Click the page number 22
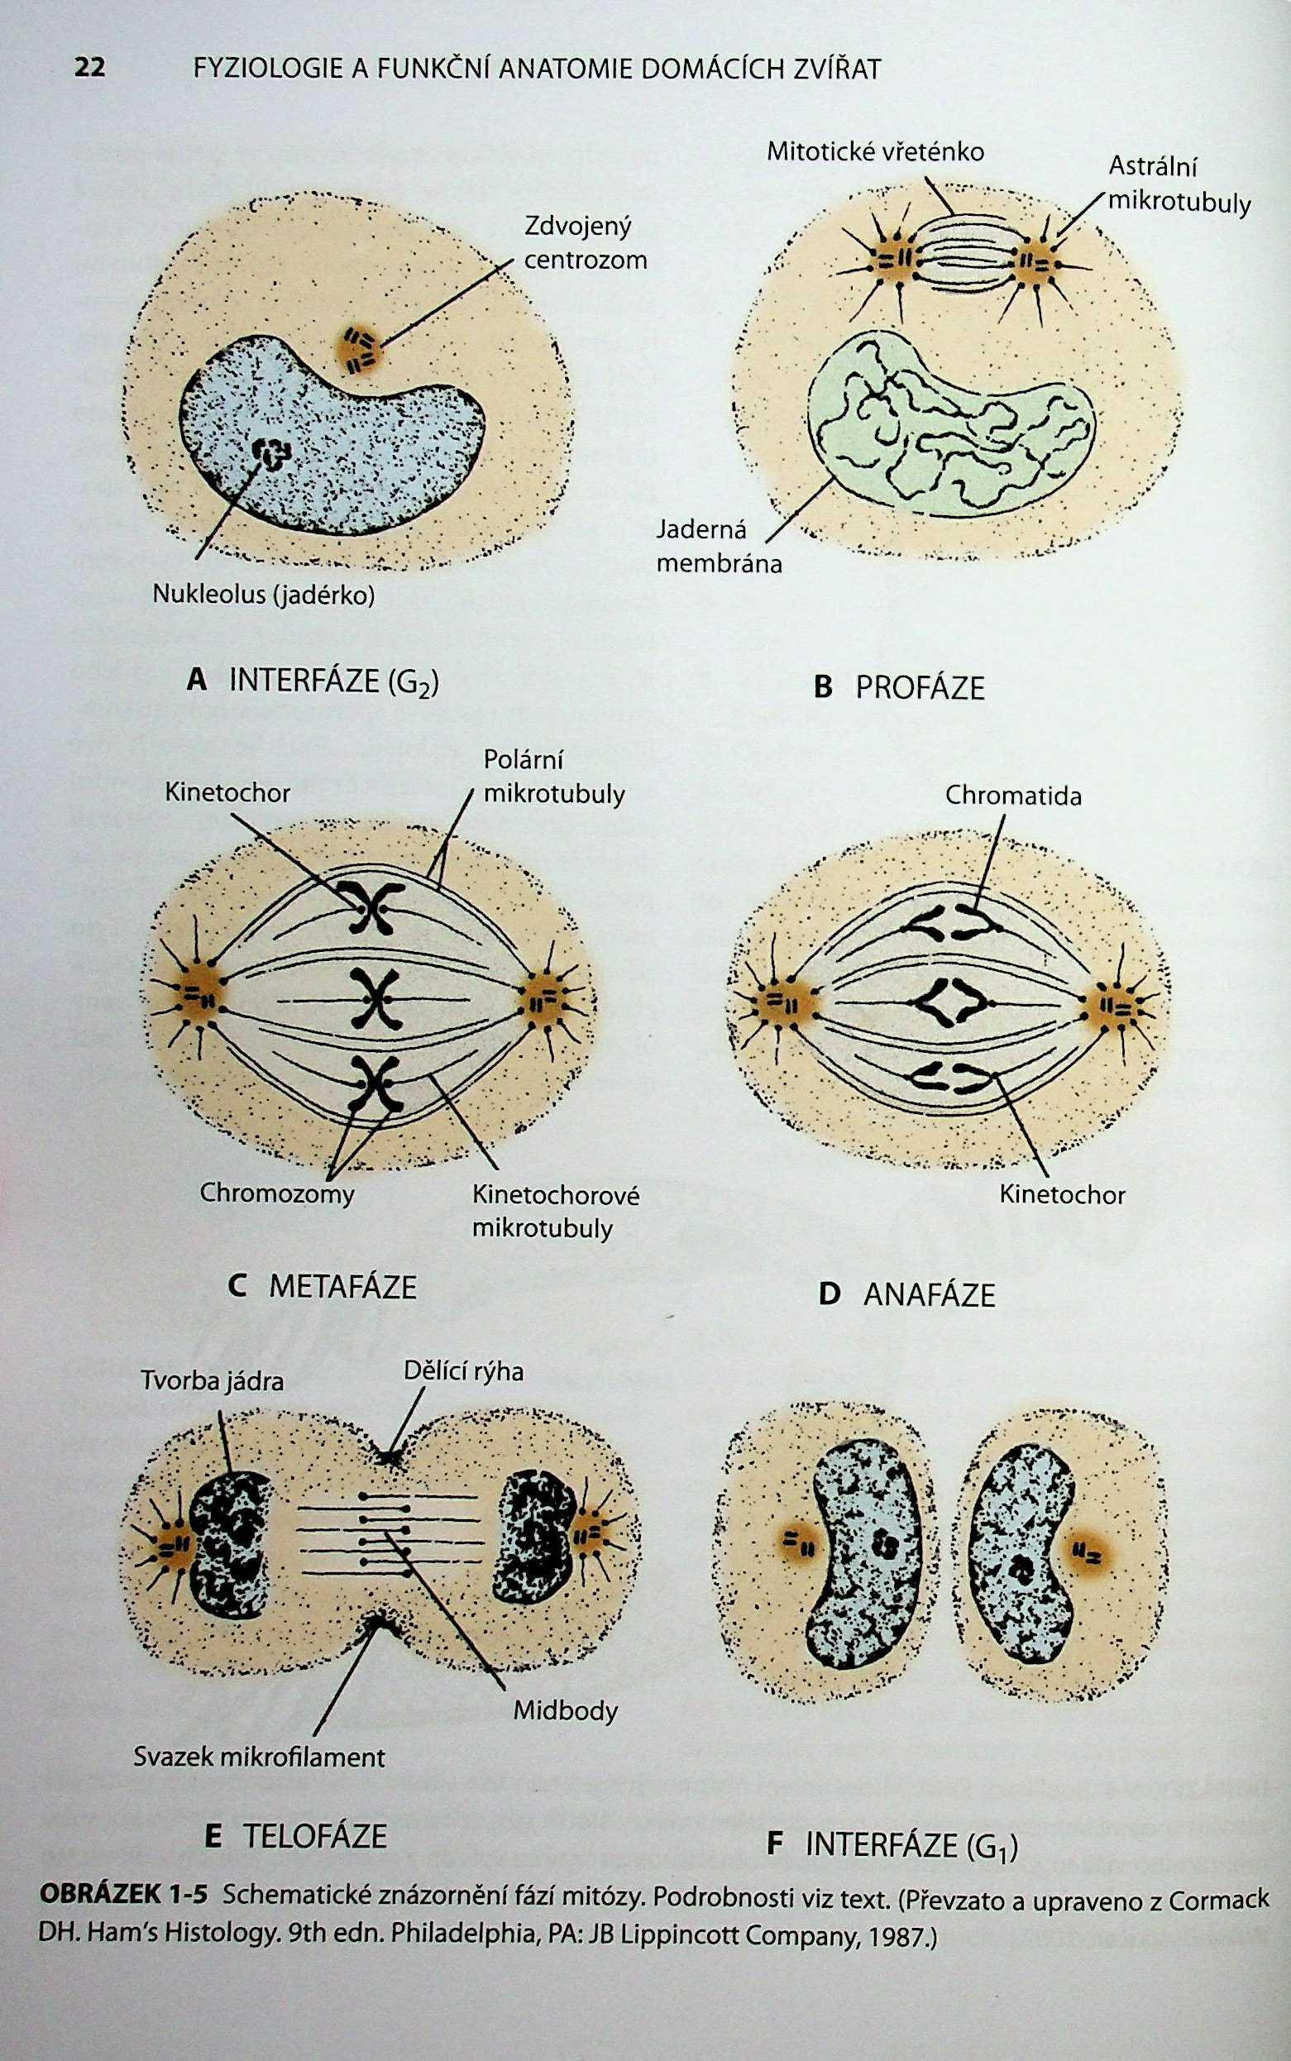89,68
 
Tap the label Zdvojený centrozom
585,243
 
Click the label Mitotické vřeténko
875,152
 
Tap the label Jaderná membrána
719,547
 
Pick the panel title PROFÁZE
900,688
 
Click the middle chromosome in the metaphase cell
372,999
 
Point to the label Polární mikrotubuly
554,777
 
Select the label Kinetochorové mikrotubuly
556,1212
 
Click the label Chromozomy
276,1193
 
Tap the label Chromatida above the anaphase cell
1012,796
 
